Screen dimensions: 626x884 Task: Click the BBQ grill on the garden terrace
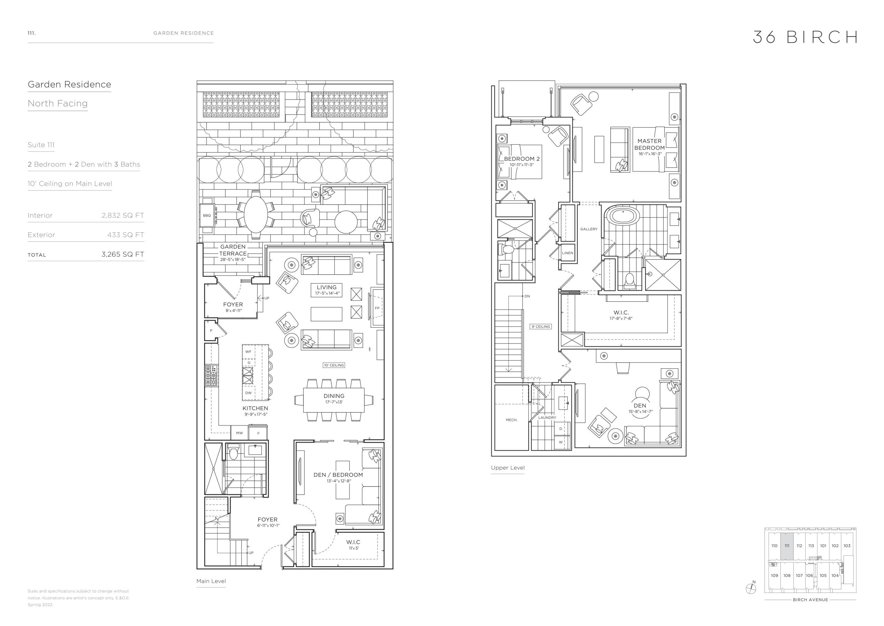(x=207, y=215)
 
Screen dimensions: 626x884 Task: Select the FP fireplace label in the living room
(x=377, y=308)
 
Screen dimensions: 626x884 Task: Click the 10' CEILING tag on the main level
(x=334, y=365)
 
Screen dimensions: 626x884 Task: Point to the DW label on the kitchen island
(x=248, y=393)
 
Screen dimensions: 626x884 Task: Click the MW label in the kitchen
(x=239, y=433)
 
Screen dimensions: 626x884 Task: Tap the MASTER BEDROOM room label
(x=650, y=145)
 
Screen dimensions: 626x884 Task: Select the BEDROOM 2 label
(x=522, y=159)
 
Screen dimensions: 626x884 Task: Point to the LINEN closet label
(x=567, y=253)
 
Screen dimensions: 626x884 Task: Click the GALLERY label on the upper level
(x=589, y=229)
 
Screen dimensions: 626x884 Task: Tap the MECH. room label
(x=512, y=420)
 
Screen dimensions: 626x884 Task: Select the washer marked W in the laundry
(x=560, y=442)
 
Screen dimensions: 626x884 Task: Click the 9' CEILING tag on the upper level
(x=541, y=327)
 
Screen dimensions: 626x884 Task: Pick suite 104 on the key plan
(x=835, y=576)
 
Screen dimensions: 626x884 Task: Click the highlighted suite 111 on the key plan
(x=787, y=546)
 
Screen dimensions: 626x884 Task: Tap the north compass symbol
(x=751, y=589)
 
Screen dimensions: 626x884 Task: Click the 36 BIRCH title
(x=805, y=37)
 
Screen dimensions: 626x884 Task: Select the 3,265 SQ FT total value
(x=123, y=254)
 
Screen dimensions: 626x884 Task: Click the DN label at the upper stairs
(x=527, y=296)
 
